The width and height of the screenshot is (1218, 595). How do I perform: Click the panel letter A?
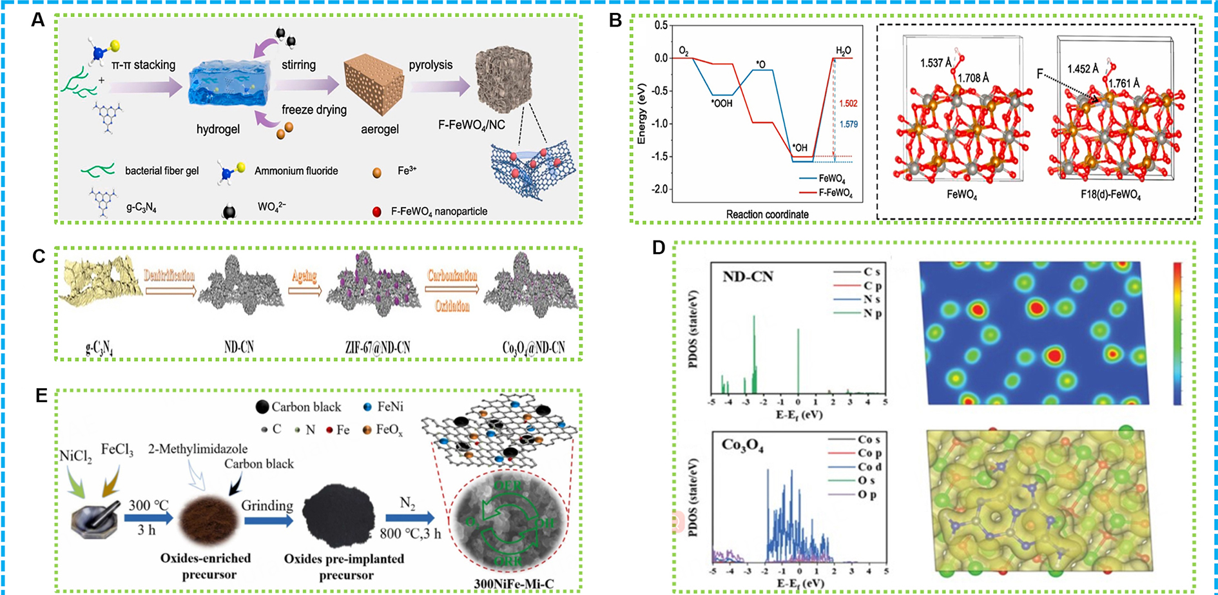[x=38, y=20]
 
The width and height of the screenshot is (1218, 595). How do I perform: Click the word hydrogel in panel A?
[x=218, y=130]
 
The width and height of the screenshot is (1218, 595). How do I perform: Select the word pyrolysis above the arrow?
[x=430, y=65]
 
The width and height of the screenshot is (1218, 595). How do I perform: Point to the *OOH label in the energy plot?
[x=722, y=103]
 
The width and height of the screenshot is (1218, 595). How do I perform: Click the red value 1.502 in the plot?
[x=848, y=104]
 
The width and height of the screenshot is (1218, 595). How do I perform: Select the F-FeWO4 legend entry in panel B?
[x=835, y=193]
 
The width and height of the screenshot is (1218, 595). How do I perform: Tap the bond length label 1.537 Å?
[x=936, y=63]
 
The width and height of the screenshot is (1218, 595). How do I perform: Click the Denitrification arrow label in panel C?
[x=169, y=276]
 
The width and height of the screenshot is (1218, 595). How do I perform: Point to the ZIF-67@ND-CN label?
[x=378, y=347]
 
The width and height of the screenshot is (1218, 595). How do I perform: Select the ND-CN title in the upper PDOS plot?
[x=748, y=277]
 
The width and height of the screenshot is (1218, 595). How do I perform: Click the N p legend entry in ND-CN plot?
[x=873, y=313]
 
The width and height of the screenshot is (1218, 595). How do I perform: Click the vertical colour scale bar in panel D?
[x=1177, y=333]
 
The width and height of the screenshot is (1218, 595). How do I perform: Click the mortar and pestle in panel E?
[x=95, y=516]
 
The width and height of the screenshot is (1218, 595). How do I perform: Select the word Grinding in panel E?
[x=267, y=505]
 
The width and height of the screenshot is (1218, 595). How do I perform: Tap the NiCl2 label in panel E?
[x=75, y=456]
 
